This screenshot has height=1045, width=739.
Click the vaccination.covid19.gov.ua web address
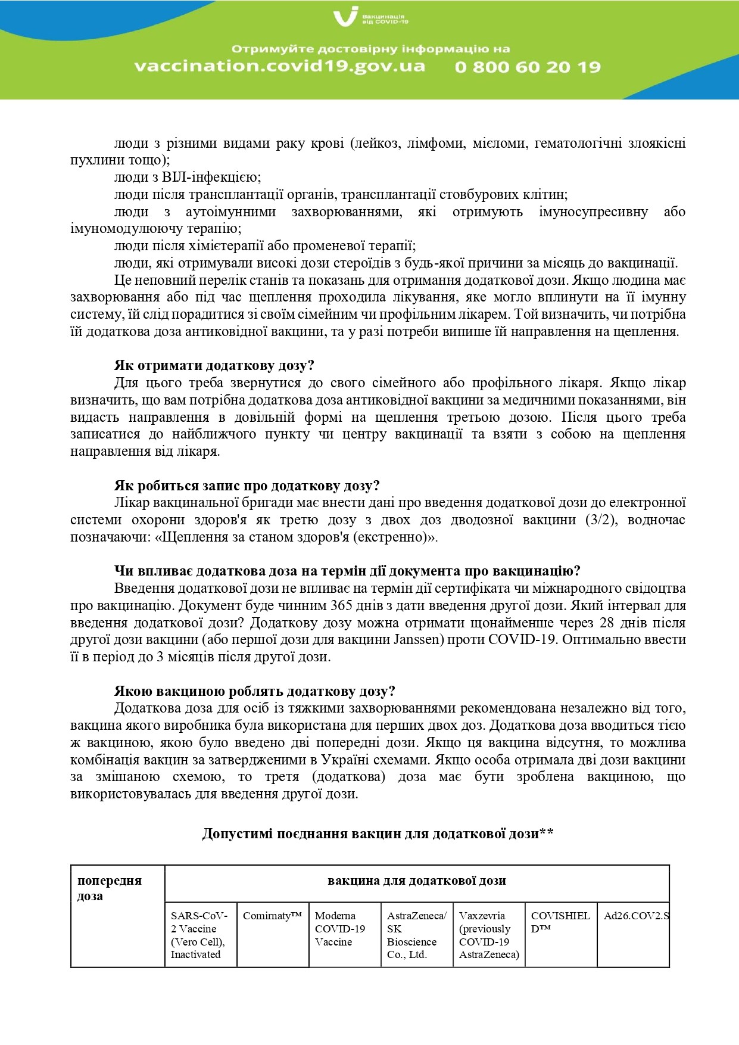279,66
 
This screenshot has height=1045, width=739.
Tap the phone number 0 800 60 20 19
528,67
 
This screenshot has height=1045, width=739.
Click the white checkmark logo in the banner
346,16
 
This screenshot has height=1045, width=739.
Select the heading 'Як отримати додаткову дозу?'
214,365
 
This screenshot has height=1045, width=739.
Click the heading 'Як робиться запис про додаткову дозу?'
247,486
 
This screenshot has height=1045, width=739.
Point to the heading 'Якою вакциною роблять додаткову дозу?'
254,691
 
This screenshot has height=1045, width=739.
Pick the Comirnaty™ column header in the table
272,916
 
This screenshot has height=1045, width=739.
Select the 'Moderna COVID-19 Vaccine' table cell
340,929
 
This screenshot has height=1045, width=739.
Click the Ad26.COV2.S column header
635,916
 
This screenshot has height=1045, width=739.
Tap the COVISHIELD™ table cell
560,922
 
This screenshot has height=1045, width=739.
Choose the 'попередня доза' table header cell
110,888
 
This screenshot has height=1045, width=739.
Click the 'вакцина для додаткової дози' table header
416,881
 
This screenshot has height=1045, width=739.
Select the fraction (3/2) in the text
601,520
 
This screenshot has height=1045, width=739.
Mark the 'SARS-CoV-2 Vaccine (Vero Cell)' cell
199,935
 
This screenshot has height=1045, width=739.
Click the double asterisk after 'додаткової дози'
547,833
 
